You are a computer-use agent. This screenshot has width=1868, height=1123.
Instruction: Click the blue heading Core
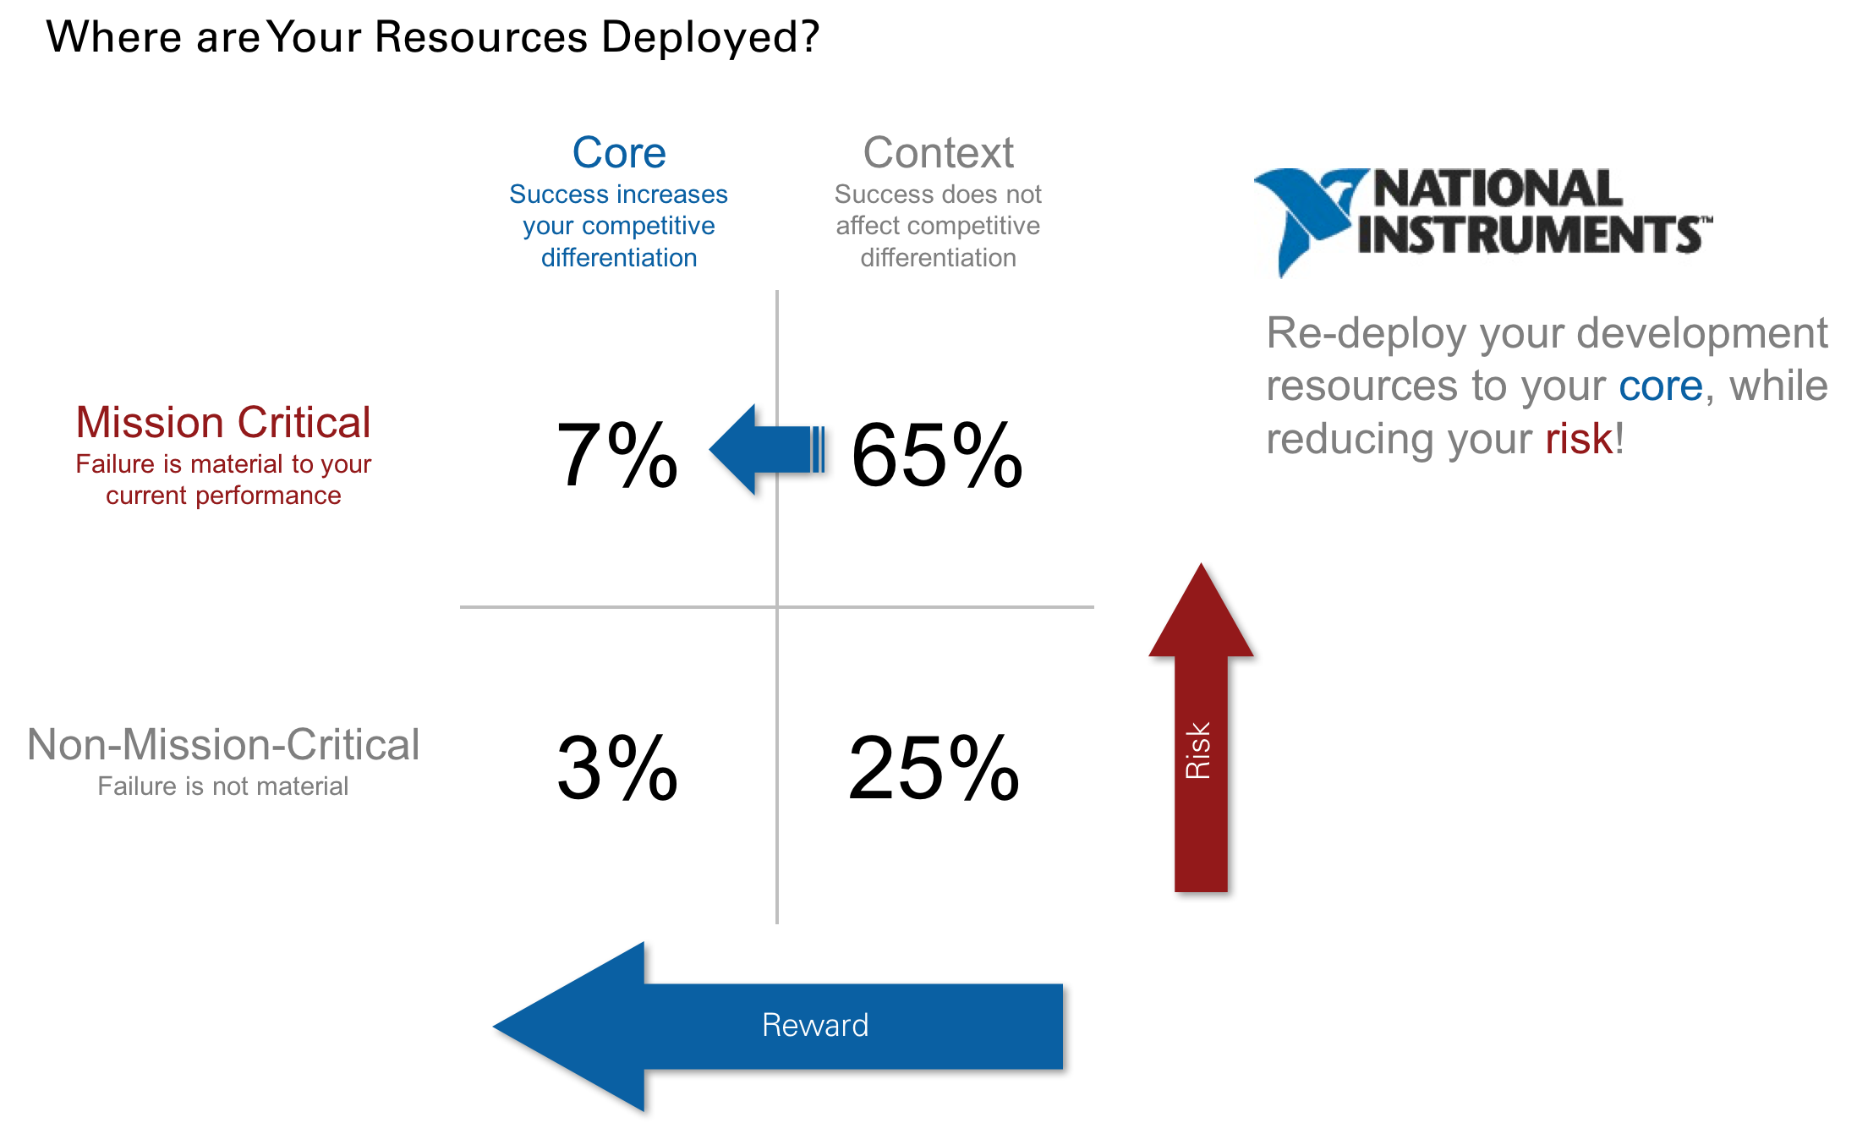(x=619, y=153)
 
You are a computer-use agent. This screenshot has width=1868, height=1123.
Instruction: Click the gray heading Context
(x=938, y=153)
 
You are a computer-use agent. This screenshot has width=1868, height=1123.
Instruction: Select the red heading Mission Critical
(x=223, y=422)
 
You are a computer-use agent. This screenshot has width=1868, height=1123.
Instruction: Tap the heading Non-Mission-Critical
(x=223, y=744)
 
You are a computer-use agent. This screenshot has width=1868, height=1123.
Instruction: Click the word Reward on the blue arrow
(x=815, y=1025)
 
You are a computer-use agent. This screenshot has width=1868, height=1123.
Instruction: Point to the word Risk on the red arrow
(x=1198, y=750)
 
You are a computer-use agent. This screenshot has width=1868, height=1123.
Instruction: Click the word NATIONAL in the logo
(x=1498, y=189)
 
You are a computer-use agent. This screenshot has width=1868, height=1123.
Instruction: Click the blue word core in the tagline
(x=1660, y=386)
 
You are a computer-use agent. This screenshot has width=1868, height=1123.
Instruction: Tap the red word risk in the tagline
(x=1579, y=439)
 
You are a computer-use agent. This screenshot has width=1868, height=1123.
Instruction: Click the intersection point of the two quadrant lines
(x=777, y=606)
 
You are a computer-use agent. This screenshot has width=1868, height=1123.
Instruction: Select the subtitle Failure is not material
(x=223, y=786)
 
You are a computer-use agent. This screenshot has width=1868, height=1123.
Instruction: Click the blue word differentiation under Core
(x=619, y=258)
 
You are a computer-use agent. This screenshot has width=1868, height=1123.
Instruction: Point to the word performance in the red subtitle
(x=268, y=496)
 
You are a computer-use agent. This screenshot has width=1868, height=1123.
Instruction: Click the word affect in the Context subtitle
(x=868, y=226)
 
